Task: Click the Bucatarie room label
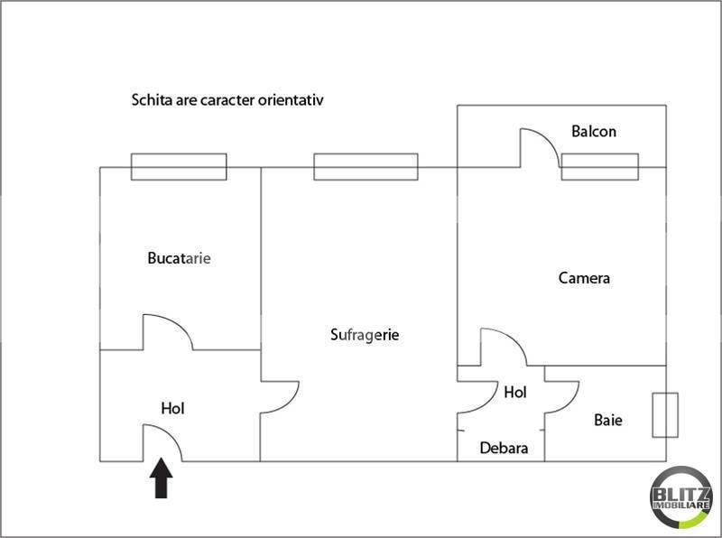tap(179, 258)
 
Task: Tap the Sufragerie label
tap(364, 335)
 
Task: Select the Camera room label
tap(584, 278)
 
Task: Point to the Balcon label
tap(594, 132)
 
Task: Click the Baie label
tap(607, 421)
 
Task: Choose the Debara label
tap(504, 448)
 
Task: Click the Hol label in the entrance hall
tap(172, 409)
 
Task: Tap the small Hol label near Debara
tap(515, 393)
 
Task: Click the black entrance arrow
tap(161, 478)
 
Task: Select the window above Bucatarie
tap(179, 167)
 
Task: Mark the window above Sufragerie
tap(366, 167)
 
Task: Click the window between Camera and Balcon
tap(599, 167)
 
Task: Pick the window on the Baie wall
tap(665, 415)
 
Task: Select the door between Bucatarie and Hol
tap(166, 331)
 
